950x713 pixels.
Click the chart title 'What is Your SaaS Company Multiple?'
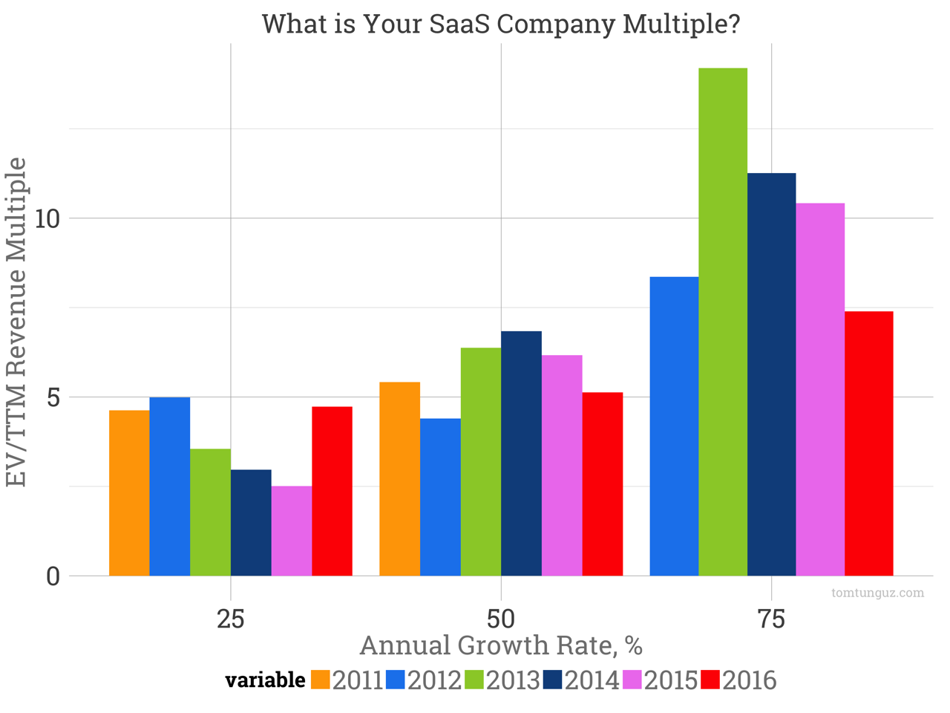click(x=501, y=24)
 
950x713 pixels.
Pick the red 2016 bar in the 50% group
click(x=603, y=484)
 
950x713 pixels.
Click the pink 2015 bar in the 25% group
click(x=292, y=530)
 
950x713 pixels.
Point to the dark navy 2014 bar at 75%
click(x=772, y=374)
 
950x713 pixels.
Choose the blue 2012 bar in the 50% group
click(x=440, y=497)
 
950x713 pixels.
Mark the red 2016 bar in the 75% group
click(x=869, y=443)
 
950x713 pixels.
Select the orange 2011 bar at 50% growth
click(x=399, y=478)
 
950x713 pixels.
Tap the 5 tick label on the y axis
click(x=53, y=397)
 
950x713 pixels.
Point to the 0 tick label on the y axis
click(x=53, y=576)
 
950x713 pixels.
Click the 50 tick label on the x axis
click(x=501, y=618)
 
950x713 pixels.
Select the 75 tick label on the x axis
click(x=772, y=618)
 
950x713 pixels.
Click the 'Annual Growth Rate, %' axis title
click(x=501, y=645)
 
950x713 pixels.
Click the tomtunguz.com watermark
click(x=878, y=593)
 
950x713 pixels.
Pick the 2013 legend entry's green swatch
click(x=474, y=680)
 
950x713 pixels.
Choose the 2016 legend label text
click(x=750, y=680)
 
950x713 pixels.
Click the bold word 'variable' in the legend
click(x=265, y=680)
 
